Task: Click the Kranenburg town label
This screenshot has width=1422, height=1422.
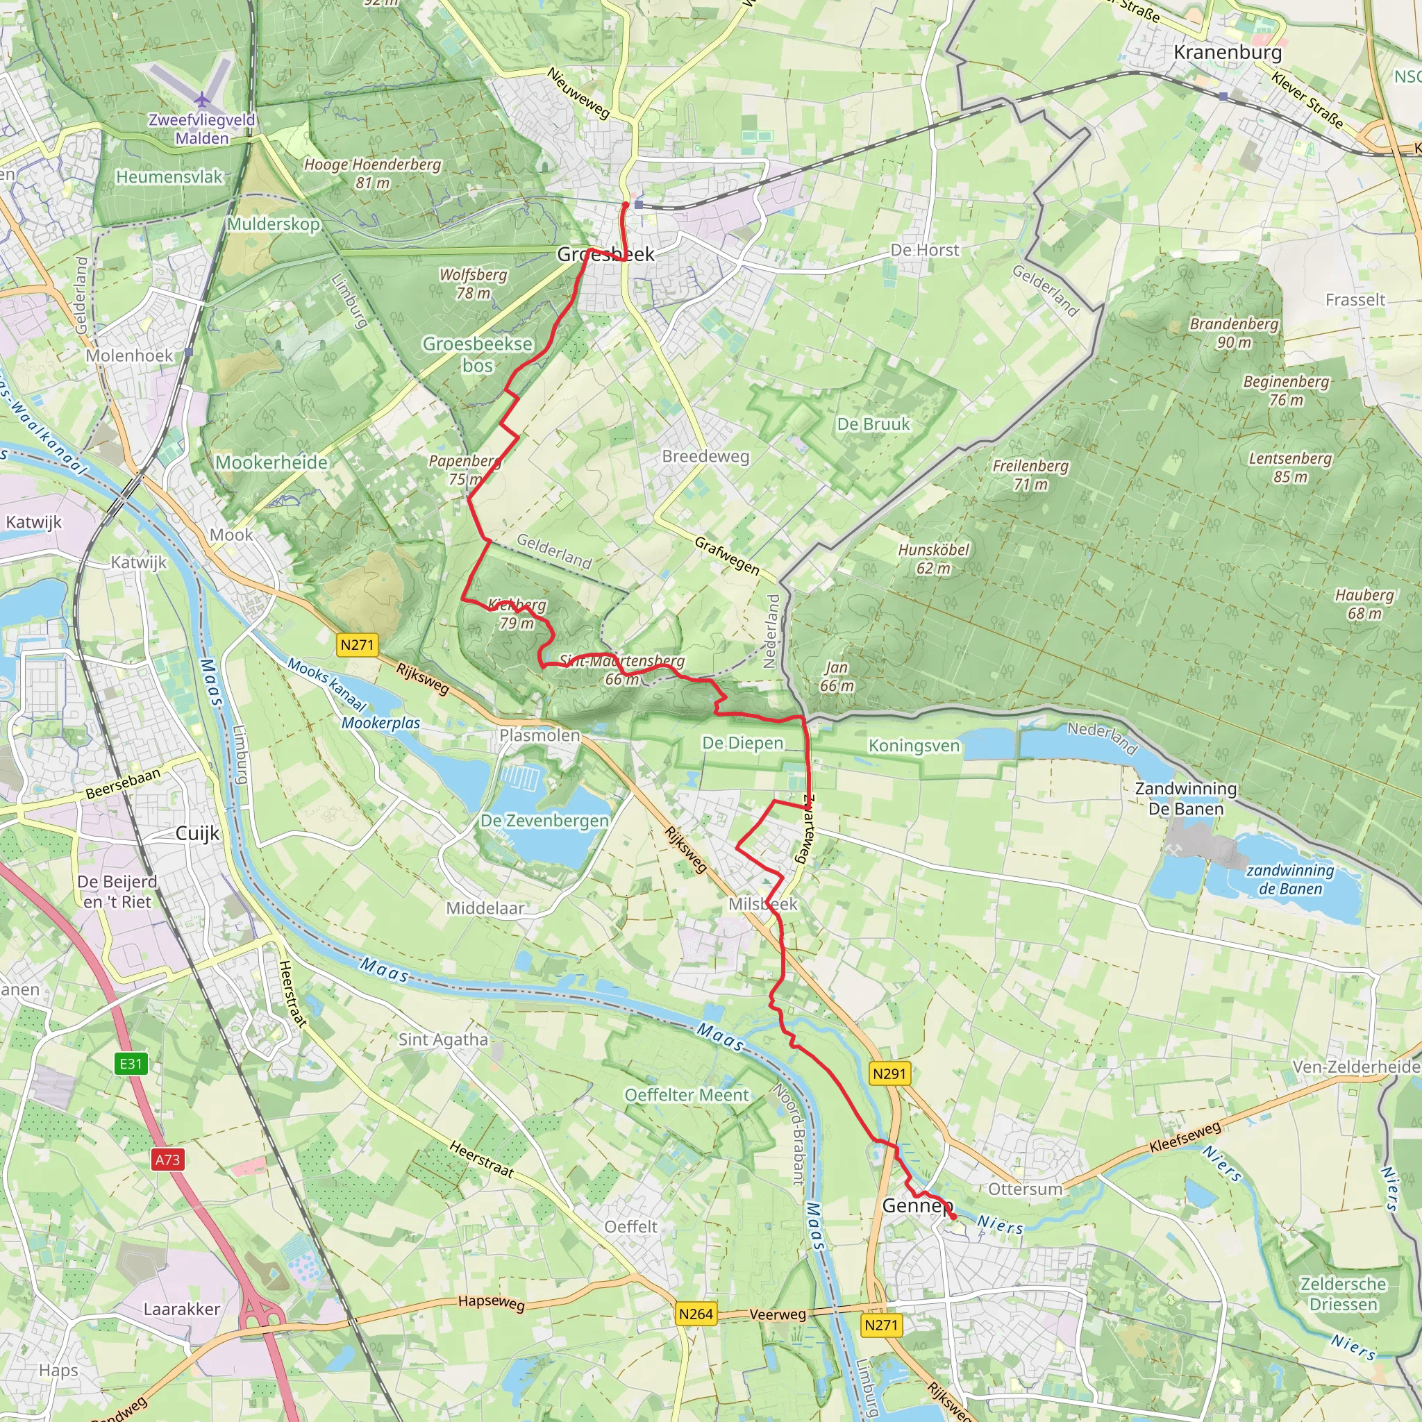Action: point(1227,52)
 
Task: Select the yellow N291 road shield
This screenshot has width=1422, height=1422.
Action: point(889,1074)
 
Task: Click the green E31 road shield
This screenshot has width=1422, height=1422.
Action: point(131,1064)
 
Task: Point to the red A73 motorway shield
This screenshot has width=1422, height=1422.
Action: point(167,1160)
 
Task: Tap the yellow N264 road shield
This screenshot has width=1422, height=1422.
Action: point(696,1314)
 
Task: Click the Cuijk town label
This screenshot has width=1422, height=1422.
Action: point(197,833)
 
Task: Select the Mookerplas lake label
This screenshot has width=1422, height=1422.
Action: point(380,723)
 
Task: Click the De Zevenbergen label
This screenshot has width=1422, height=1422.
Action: point(544,821)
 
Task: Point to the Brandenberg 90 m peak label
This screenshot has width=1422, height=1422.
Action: point(1235,333)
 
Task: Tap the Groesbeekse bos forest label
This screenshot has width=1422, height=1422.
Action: point(477,354)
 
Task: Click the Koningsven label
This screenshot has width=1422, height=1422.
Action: point(914,746)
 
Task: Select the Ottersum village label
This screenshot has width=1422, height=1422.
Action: point(1026,1189)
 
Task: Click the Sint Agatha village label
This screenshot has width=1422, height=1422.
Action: point(443,1039)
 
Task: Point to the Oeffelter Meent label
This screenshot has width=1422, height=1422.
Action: point(686,1095)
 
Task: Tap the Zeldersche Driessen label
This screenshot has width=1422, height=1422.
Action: point(1343,1294)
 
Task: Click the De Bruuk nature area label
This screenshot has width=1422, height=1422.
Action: point(873,425)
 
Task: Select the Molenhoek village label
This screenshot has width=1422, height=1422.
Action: point(130,355)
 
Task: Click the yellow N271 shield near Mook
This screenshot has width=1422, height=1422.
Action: point(357,645)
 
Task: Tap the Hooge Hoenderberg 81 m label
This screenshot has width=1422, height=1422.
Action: point(372,173)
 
